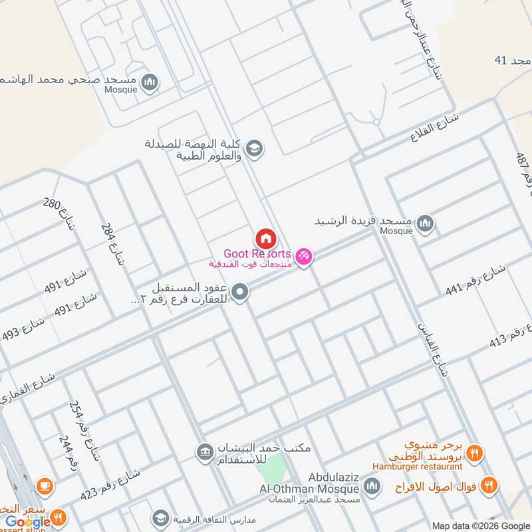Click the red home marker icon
point(265,238)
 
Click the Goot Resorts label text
point(257,254)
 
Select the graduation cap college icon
point(253,149)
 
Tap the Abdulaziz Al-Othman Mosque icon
point(372,487)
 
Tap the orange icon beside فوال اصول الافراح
point(489,485)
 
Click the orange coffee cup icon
point(44,486)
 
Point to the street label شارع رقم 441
point(475,279)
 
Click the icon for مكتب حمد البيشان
point(203,453)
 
